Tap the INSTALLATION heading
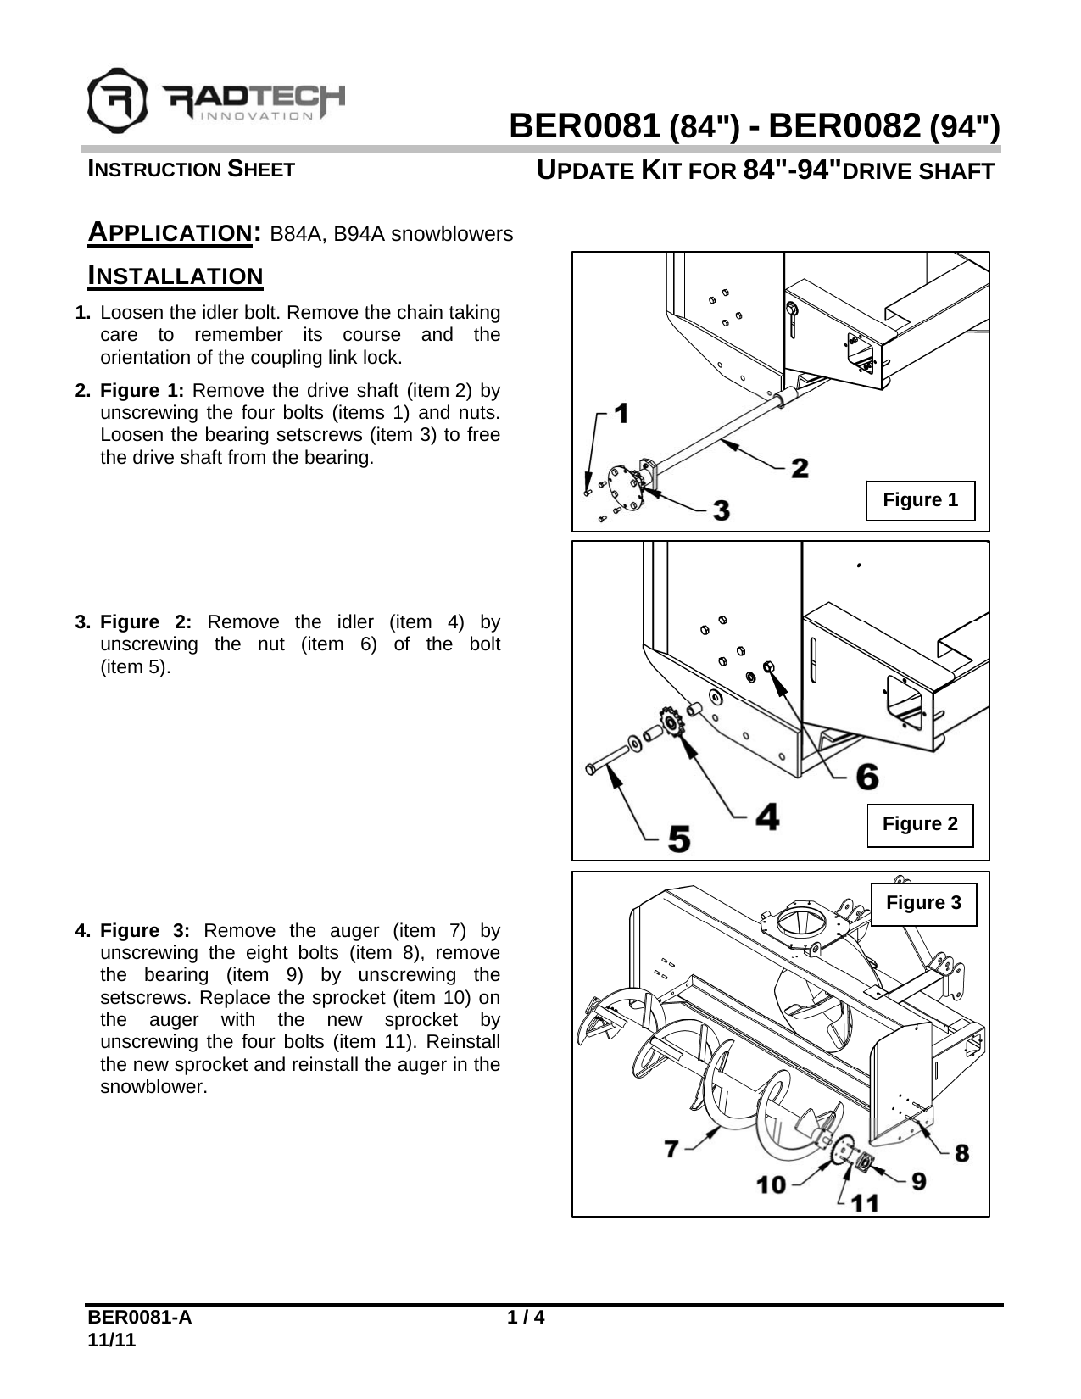coord(176,276)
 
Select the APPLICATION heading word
coord(170,232)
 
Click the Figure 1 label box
coord(920,500)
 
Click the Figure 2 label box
coord(920,824)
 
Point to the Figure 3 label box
coord(923,903)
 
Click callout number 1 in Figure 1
coord(621,414)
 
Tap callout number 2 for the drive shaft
coord(799,467)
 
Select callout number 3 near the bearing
coord(720,510)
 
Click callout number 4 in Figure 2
coord(766,817)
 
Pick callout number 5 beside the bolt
coord(678,839)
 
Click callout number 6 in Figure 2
coord(866,777)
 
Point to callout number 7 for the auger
coord(671,1149)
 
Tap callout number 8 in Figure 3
coord(961,1153)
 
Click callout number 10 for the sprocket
coord(772,1184)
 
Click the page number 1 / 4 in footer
coord(525,1318)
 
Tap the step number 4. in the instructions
coord(84,931)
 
